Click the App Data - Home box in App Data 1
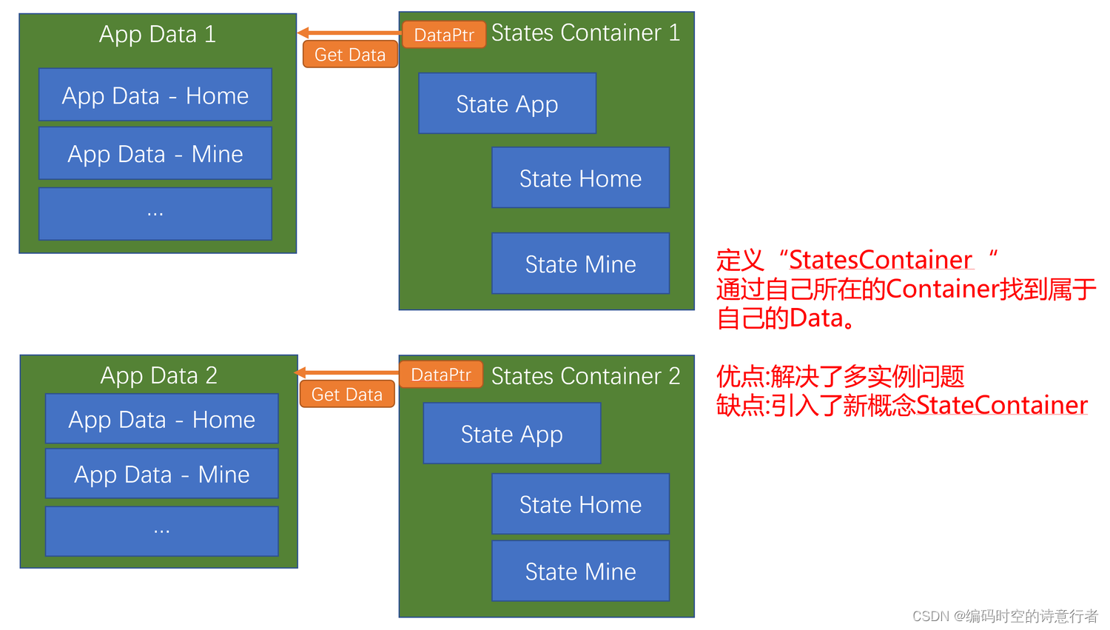click(155, 95)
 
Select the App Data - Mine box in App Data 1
click(155, 153)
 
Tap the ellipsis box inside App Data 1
click(155, 213)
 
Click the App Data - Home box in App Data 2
click(161, 419)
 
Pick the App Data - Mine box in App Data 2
click(161, 474)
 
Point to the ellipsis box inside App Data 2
click(161, 531)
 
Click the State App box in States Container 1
click(507, 104)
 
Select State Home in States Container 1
click(580, 178)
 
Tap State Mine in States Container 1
click(580, 264)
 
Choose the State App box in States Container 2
click(511, 434)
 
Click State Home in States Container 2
click(580, 504)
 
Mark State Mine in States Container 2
click(580, 571)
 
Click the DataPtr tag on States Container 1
click(444, 35)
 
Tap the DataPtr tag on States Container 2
click(441, 375)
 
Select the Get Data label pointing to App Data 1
click(350, 55)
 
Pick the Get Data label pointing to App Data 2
click(347, 395)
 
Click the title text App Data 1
click(158, 34)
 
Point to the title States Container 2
click(585, 376)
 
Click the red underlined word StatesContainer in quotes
click(881, 260)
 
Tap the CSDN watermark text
click(1005, 616)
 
